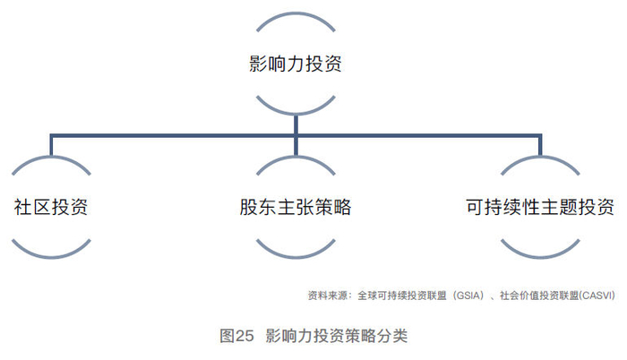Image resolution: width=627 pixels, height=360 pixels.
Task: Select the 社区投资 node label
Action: click(50, 207)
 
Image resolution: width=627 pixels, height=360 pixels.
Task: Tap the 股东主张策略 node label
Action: click(295, 207)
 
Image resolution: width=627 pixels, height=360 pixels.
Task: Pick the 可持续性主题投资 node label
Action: click(540, 207)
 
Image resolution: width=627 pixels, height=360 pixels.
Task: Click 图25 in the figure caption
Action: click(237, 337)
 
